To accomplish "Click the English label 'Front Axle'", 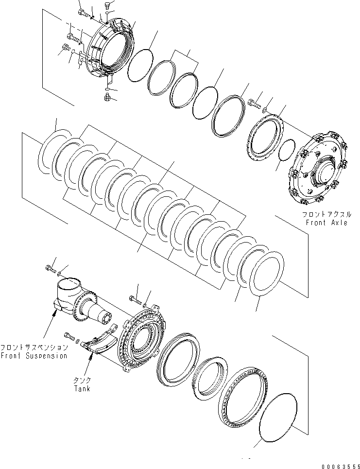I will [326, 223].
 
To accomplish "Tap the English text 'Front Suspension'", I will [34, 356].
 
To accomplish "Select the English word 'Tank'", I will [83, 388].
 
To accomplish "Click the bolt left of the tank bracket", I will [69, 335].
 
